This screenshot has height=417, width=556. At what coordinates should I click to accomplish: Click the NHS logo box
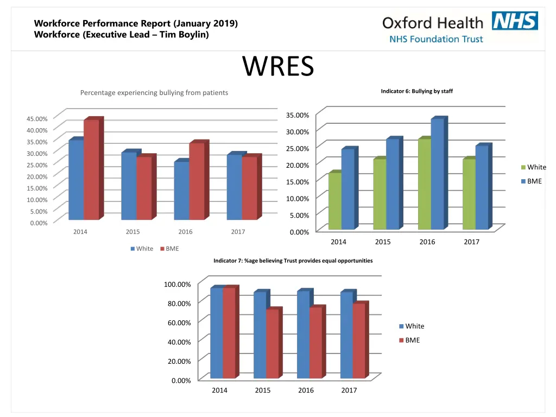coord(515,21)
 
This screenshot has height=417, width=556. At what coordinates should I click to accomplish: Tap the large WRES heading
coord(278,67)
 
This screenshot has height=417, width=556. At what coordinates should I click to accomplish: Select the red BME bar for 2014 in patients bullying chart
coord(91,169)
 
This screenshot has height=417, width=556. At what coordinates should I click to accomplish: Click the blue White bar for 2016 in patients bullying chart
coord(181,190)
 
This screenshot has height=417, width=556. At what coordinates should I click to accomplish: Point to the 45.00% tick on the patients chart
coord(38,118)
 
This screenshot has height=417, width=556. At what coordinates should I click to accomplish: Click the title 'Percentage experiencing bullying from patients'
coord(154,93)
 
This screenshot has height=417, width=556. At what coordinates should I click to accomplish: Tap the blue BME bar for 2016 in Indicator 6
coord(437,174)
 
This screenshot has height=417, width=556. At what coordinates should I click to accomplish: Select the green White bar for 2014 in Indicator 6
coord(335,201)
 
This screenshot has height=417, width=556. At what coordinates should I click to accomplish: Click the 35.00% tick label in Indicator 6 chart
coord(298,115)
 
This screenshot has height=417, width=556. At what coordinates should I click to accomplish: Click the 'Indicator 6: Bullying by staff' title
coord(416,91)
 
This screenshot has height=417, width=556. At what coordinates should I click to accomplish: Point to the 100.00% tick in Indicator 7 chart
coord(177,285)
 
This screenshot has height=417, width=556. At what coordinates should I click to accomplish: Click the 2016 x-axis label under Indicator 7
coord(306,390)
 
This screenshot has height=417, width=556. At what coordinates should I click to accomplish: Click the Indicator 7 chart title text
coord(293,261)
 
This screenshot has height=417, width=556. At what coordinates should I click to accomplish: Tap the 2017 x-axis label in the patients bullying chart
coord(238,232)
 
